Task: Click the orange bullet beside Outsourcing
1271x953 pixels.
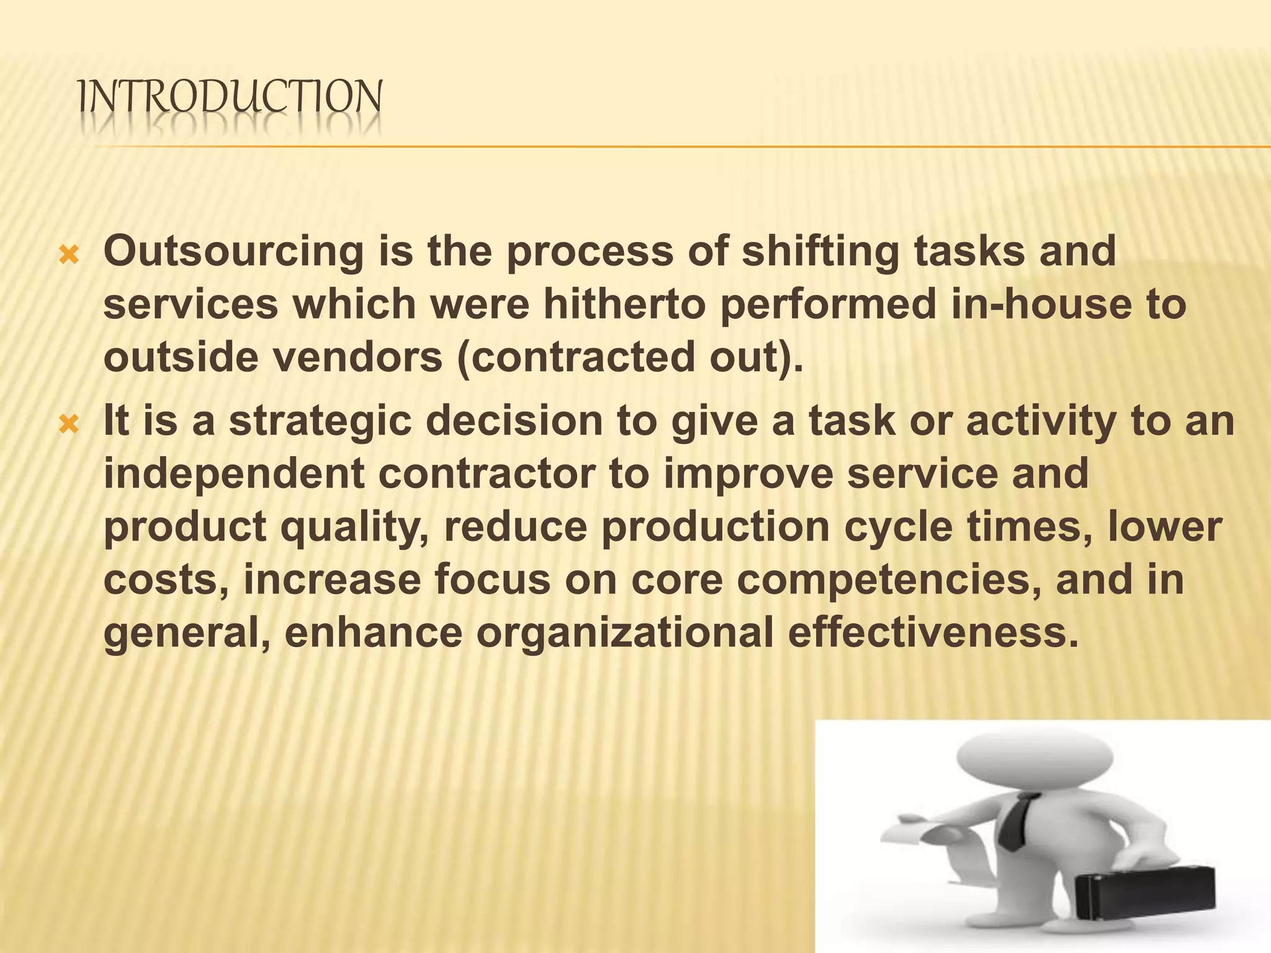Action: coord(68,255)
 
